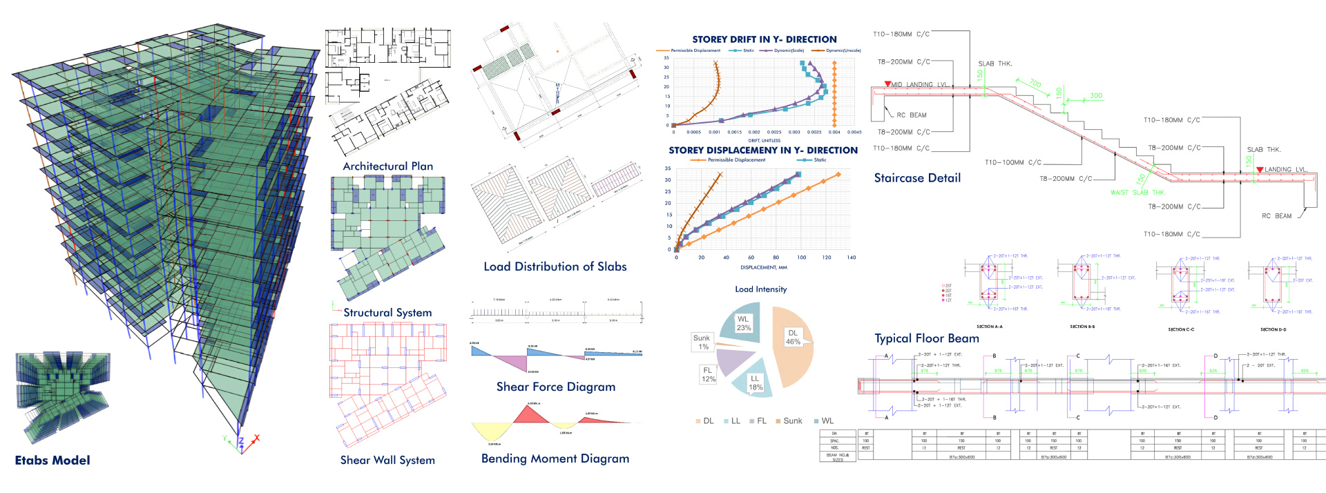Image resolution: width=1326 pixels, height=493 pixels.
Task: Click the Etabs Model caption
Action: (52, 460)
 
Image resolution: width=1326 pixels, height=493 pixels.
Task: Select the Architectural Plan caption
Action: (387, 166)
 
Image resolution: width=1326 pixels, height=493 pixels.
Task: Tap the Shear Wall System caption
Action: (387, 460)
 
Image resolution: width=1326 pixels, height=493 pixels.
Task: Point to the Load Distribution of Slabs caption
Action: (555, 267)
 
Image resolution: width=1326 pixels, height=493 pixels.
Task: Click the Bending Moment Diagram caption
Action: (555, 458)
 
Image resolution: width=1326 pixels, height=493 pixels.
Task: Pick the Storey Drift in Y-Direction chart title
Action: (764, 39)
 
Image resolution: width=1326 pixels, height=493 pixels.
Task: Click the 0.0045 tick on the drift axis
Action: (854, 132)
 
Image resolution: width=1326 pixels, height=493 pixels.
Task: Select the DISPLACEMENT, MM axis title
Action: (763, 267)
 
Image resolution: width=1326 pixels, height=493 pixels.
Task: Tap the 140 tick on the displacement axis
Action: (851, 258)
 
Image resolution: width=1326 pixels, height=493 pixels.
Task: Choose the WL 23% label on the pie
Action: (743, 323)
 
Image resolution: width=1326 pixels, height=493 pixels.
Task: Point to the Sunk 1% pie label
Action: (702, 342)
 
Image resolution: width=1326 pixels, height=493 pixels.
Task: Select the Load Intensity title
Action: (760, 289)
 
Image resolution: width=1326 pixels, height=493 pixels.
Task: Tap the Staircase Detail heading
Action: (916, 178)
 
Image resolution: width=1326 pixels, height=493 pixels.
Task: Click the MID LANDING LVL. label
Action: (919, 84)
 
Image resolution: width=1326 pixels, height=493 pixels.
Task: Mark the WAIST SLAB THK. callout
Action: (1137, 193)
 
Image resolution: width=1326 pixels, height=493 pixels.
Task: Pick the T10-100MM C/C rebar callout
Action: (1012, 162)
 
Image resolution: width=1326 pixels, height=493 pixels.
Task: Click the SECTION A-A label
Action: (989, 327)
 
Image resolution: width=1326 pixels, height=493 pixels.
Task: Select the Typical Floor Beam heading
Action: (926, 338)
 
